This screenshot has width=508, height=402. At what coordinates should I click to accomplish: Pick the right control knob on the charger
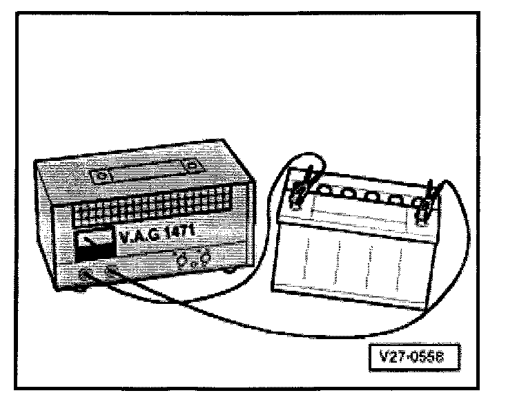pyautogui.click(x=204, y=258)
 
